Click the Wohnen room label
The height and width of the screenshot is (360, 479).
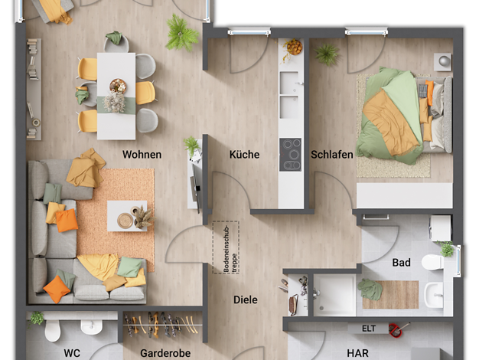tap(142, 155)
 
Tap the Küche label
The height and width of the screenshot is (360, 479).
tap(244, 155)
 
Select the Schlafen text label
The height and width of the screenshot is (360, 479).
tap(332, 155)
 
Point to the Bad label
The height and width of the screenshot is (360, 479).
tap(401, 263)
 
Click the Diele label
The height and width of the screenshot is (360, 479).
tap(246, 299)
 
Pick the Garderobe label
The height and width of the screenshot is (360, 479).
tap(165, 353)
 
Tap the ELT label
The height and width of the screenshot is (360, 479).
tap(369, 329)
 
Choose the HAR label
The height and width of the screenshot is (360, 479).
tap(357, 353)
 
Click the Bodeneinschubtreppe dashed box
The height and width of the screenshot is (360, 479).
tap(226, 247)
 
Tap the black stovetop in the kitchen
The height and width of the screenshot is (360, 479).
tap(290, 155)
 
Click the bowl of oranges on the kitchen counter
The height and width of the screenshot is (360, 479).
tap(295, 47)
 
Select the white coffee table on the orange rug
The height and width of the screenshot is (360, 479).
tap(127, 216)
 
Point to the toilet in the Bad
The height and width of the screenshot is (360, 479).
tap(433, 263)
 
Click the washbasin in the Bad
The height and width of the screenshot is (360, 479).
tap(434, 295)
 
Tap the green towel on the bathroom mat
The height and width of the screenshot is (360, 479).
tap(370, 289)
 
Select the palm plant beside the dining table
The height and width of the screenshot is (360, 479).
tap(181, 32)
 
